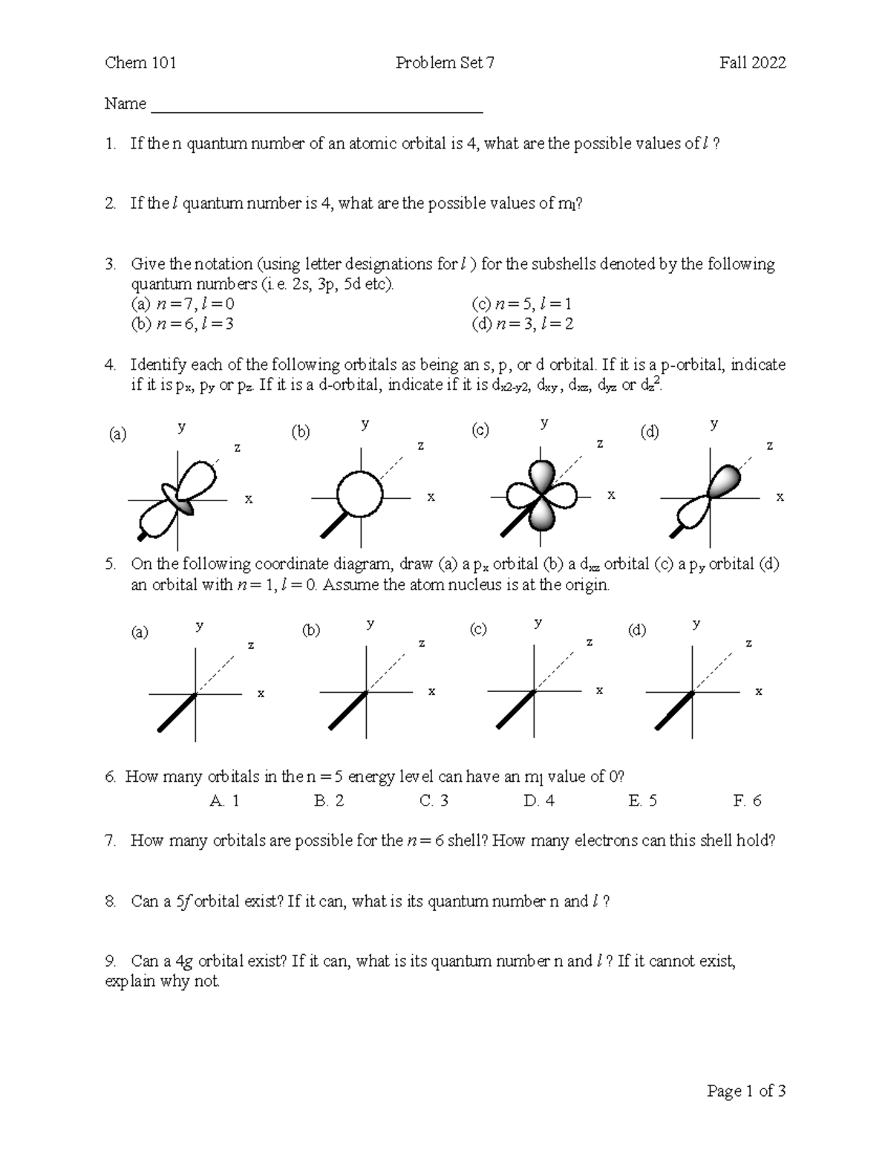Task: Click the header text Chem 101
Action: (x=140, y=63)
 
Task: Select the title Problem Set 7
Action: (x=445, y=63)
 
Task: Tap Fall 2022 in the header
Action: (x=752, y=63)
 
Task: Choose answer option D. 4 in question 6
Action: (x=538, y=801)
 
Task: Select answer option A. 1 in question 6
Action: (x=224, y=801)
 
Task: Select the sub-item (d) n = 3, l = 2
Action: (x=522, y=324)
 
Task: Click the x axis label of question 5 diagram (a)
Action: (x=261, y=694)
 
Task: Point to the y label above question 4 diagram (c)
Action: (x=544, y=423)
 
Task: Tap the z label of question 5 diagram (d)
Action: (x=748, y=644)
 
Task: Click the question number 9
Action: (x=110, y=961)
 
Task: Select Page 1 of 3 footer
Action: (x=746, y=1091)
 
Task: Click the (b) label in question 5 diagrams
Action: (x=310, y=631)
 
